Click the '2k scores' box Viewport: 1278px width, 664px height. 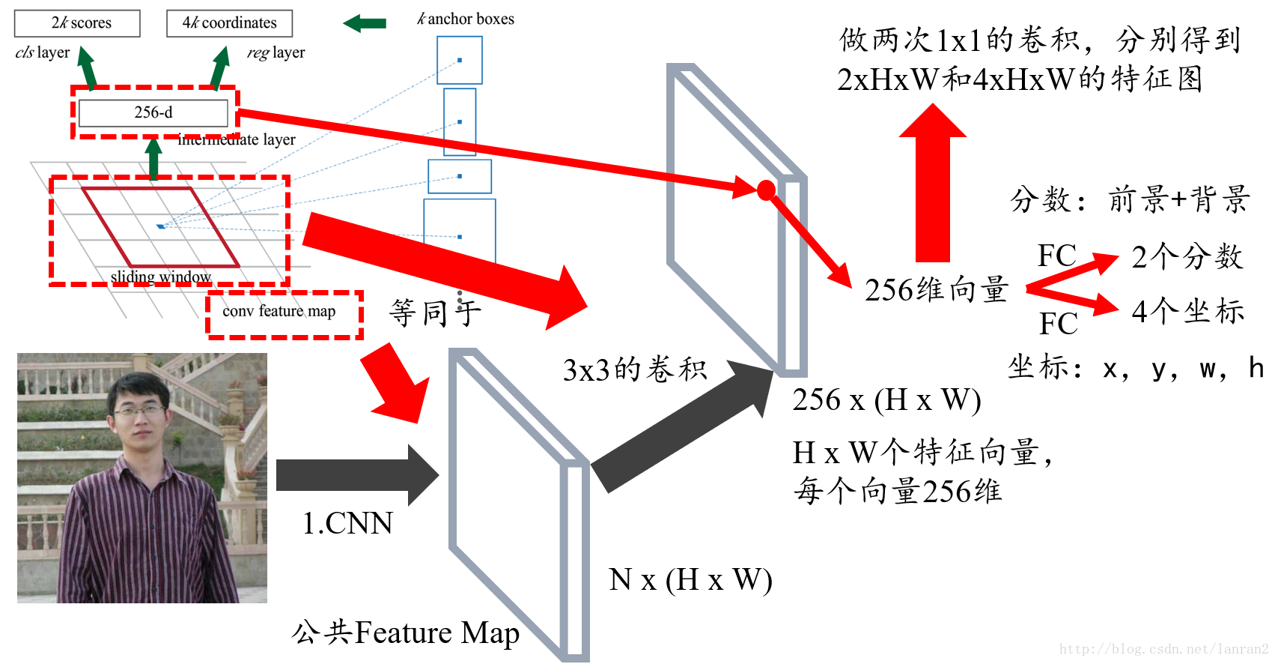point(77,23)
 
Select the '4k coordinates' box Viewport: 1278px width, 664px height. point(229,23)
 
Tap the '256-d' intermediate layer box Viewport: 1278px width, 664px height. point(153,112)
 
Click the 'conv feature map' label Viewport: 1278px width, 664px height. point(279,311)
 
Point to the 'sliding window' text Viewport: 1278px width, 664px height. point(161,277)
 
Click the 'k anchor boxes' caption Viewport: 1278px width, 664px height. point(466,19)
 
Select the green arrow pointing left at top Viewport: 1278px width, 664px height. point(365,23)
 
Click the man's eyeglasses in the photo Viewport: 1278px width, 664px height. point(139,410)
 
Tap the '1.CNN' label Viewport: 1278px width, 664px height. point(347,523)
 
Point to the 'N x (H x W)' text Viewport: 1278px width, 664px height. point(690,580)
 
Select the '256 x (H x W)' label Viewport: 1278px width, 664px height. point(886,400)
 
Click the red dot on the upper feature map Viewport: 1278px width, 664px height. point(766,190)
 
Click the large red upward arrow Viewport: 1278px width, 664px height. point(933,184)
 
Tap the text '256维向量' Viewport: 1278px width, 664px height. point(937,290)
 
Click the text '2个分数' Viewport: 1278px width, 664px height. point(1187,257)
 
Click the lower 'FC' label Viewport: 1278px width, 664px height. point(1058,324)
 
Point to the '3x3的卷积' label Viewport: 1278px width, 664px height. point(635,370)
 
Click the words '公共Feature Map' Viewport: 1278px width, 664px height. point(405,633)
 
